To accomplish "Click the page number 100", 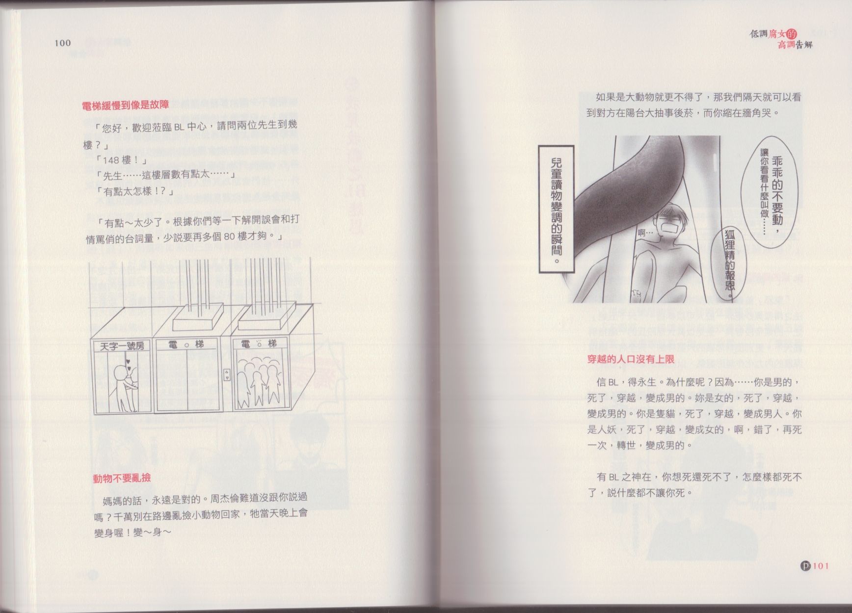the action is (62, 43).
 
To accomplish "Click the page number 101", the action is (821, 565).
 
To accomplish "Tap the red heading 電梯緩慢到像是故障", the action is (126, 105).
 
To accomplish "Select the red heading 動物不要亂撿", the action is (122, 478).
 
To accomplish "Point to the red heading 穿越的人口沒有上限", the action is (631, 359).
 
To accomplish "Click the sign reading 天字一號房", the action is (122, 346).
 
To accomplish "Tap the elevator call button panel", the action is (226, 375).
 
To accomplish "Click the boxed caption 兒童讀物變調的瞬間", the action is (556, 209).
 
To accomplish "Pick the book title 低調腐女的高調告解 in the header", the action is (782, 39).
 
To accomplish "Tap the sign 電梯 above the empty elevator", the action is (186, 345).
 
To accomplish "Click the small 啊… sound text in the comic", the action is (645, 233).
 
